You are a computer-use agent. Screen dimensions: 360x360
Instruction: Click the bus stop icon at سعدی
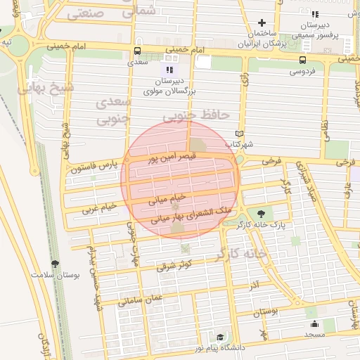click(x=137, y=51)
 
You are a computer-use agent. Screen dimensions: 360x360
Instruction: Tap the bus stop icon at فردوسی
click(x=302, y=60)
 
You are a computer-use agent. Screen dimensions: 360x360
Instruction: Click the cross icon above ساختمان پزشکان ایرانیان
click(x=262, y=22)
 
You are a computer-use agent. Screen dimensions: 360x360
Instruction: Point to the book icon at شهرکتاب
click(x=240, y=133)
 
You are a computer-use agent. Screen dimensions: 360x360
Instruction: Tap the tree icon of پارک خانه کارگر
click(x=262, y=213)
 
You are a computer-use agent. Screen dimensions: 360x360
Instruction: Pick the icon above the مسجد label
click(x=314, y=324)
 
